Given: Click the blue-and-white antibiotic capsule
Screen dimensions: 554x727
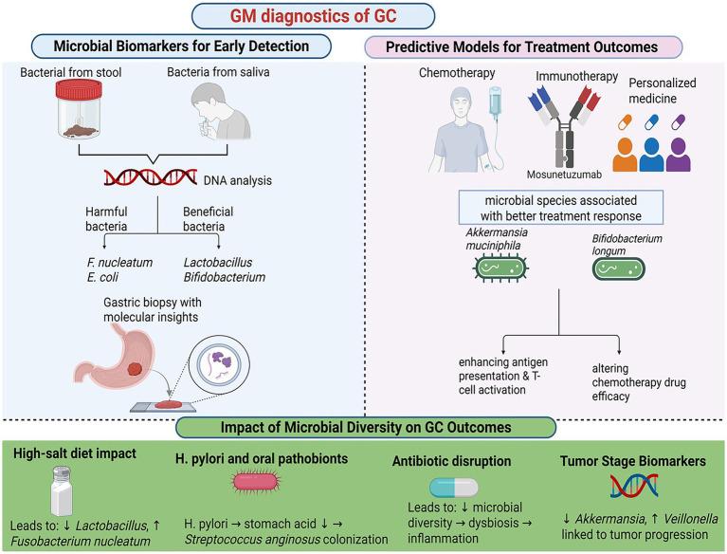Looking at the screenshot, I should point(455,487).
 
